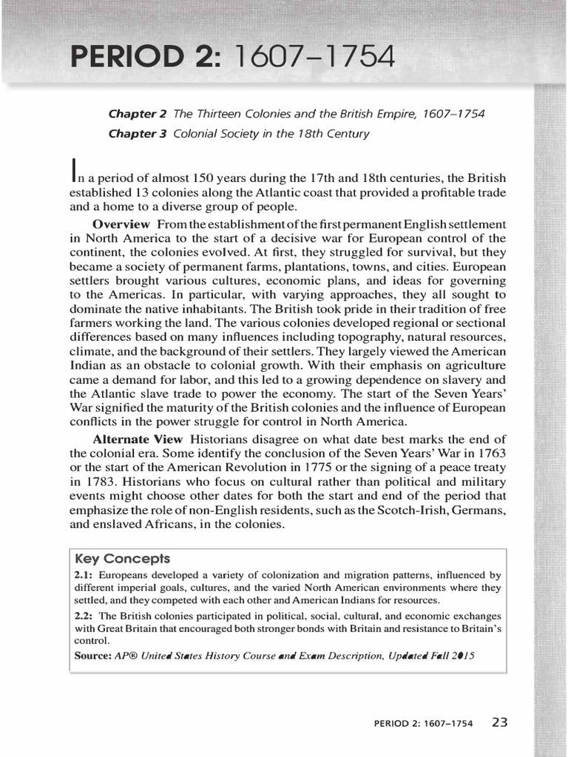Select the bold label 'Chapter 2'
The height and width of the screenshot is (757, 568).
(x=138, y=114)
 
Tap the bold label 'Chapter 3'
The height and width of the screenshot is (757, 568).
(x=138, y=134)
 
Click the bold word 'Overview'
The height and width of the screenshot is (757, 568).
(x=121, y=224)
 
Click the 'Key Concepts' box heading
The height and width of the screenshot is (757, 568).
(x=123, y=559)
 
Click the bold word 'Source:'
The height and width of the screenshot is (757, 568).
(x=94, y=656)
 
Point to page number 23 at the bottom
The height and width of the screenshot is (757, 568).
(x=499, y=723)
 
